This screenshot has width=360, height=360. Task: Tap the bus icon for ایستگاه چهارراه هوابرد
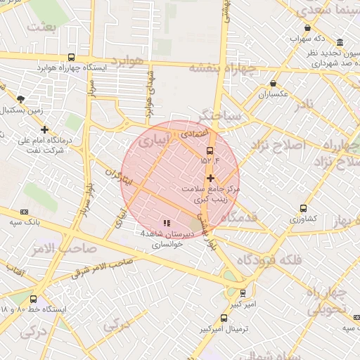71,58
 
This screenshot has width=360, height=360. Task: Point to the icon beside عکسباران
273,83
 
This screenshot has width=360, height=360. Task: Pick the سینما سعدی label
323,10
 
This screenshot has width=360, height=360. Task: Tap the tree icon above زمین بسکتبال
20,99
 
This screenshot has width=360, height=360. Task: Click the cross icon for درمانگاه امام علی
44,130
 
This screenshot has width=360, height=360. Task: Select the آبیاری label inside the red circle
153,141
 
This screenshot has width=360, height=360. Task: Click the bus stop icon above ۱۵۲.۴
210,150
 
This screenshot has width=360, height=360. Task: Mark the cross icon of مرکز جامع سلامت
210,179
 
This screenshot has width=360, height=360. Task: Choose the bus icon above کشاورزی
303,208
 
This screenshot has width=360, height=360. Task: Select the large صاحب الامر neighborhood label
53,247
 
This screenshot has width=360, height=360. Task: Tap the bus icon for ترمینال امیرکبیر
224,318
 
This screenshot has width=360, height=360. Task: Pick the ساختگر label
220,114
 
